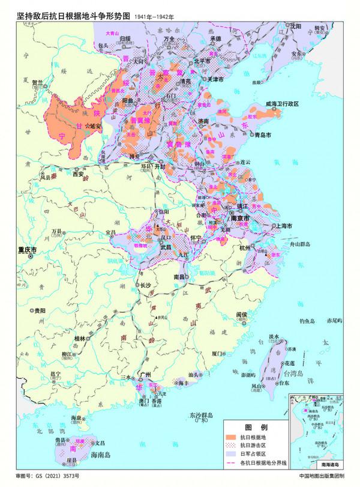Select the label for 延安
96,126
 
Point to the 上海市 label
282,226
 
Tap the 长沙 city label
146,285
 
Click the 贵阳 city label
40,310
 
